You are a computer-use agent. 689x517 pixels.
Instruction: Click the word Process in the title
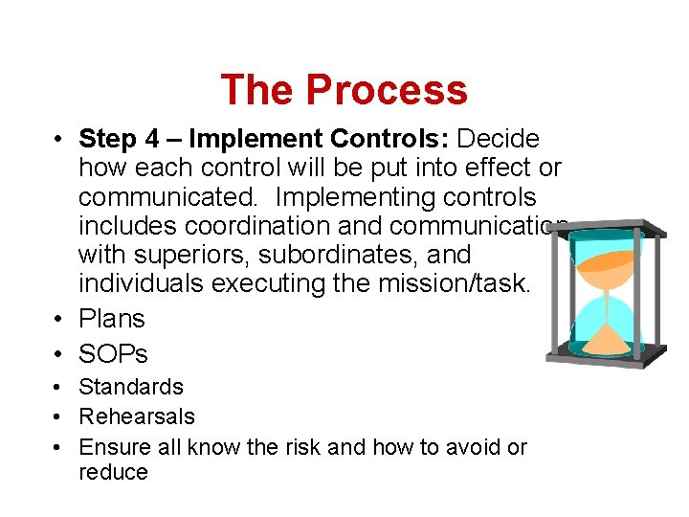click(x=387, y=90)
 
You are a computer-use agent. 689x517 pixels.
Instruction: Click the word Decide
click(x=499, y=140)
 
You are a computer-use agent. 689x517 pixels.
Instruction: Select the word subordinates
click(x=353, y=256)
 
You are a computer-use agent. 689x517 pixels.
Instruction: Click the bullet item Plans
click(x=111, y=319)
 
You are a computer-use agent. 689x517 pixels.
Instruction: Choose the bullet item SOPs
click(x=113, y=354)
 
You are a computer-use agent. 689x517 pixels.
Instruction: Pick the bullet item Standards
click(x=130, y=387)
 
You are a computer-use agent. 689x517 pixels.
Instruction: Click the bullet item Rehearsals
click(x=136, y=416)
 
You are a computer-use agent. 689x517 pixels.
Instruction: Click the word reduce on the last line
click(x=113, y=472)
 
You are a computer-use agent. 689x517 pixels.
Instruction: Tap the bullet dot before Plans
click(x=58, y=320)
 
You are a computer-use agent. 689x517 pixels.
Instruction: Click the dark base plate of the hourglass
click(x=605, y=361)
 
